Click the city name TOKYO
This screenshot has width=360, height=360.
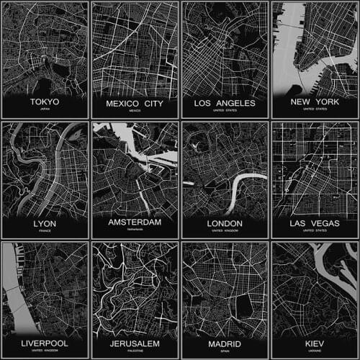pyautogui.click(x=45, y=103)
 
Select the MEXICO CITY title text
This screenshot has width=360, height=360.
pyautogui.click(x=135, y=103)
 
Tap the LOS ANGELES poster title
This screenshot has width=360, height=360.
pyautogui.click(x=225, y=103)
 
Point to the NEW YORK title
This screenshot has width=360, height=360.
pyautogui.click(x=315, y=103)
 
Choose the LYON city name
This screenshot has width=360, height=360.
pyautogui.click(x=45, y=223)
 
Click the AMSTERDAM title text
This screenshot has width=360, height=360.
pyautogui.click(x=135, y=223)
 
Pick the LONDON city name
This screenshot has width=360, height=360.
pyautogui.click(x=225, y=223)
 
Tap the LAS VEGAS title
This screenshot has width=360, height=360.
pyautogui.click(x=315, y=223)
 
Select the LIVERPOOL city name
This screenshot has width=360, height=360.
pyautogui.click(x=45, y=343)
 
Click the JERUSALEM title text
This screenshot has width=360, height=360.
pyautogui.click(x=135, y=343)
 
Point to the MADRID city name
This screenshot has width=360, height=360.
pyautogui.click(x=225, y=343)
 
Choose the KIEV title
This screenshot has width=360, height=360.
pyautogui.click(x=315, y=343)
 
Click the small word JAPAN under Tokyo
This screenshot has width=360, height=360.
pyautogui.click(x=45, y=112)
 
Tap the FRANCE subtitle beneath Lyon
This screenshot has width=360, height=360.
pyautogui.click(x=45, y=232)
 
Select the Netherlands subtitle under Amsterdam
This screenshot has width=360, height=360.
pyautogui.click(x=135, y=232)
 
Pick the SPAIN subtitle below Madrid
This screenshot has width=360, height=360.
pyautogui.click(x=225, y=352)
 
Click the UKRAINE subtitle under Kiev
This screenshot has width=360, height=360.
pyautogui.click(x=315, y=352)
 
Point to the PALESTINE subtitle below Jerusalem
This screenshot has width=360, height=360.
pyautogui.click(x=135, y=352)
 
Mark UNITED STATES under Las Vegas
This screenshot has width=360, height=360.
pyautogui.click(x=315, y=232)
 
